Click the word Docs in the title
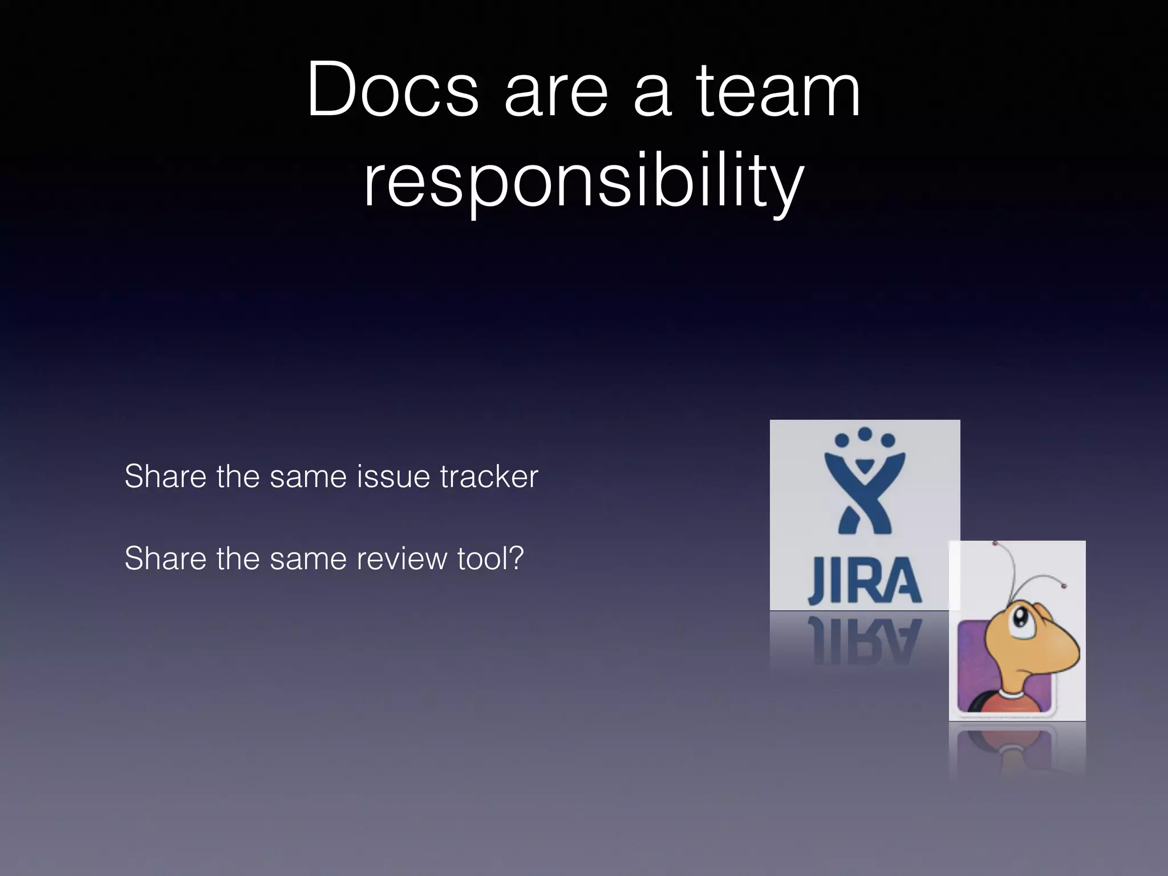[x=392, y=90]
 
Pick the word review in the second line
[x=401, y=558]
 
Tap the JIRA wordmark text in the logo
[x=865, y=581]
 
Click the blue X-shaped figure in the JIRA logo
[x=865, y=496]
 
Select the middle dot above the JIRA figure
[x=865, y=433]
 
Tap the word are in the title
[x=556, y=90]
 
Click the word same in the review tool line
[x=308, y=558]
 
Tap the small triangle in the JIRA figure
[x=865, y=463]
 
